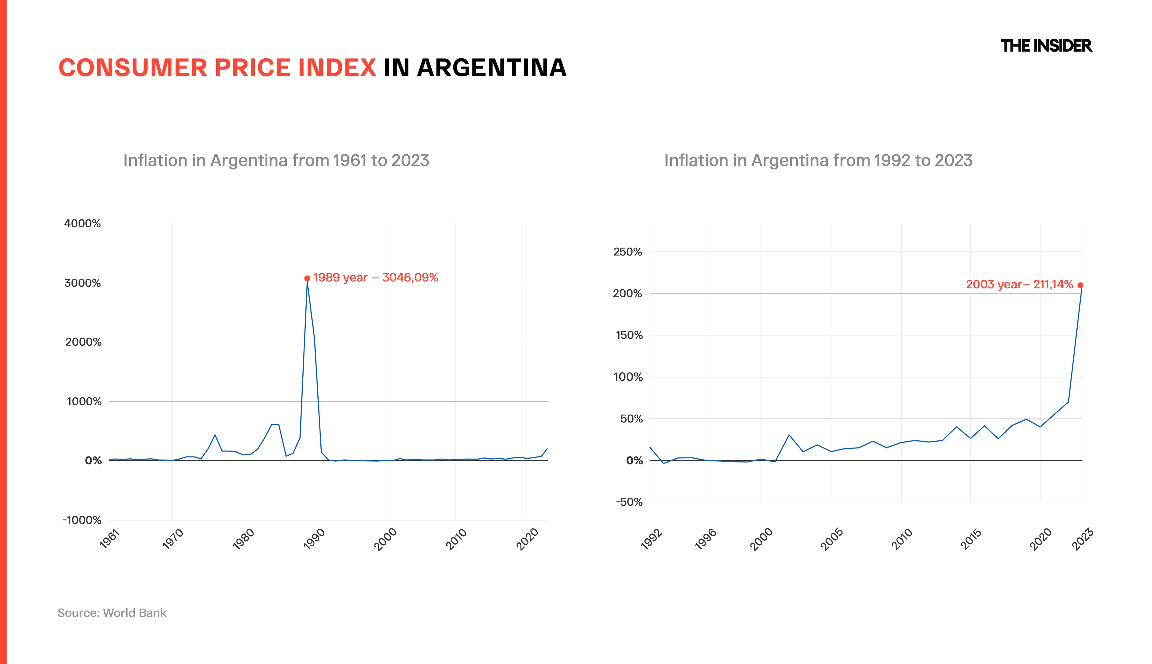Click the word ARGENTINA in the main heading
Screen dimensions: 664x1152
(491, 68)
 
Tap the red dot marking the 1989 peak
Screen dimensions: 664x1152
(307, 278)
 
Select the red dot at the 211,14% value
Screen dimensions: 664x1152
(1080, 285)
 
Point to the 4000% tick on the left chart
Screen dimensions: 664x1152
(82, 223)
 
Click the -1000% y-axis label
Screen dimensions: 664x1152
(82, 520)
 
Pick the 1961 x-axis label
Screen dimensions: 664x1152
(109, 539)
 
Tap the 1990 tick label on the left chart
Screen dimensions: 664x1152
(314, 539)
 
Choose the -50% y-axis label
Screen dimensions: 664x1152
(629, 502)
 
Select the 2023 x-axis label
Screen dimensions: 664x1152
(1082, 539)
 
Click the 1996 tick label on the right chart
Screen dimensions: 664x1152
(705, 539)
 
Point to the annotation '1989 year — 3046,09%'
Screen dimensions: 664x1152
(376, 277)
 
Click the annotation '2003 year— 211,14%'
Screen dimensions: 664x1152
(1019, 284)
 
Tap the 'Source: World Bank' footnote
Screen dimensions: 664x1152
(112, 613)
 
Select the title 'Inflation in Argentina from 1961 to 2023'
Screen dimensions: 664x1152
(276, 160)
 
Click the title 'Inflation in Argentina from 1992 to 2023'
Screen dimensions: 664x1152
(818, 160)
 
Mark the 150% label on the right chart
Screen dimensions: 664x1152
(629, 335)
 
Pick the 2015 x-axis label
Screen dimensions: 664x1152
(970, 539)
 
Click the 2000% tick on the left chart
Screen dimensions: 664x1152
(83, 342)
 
